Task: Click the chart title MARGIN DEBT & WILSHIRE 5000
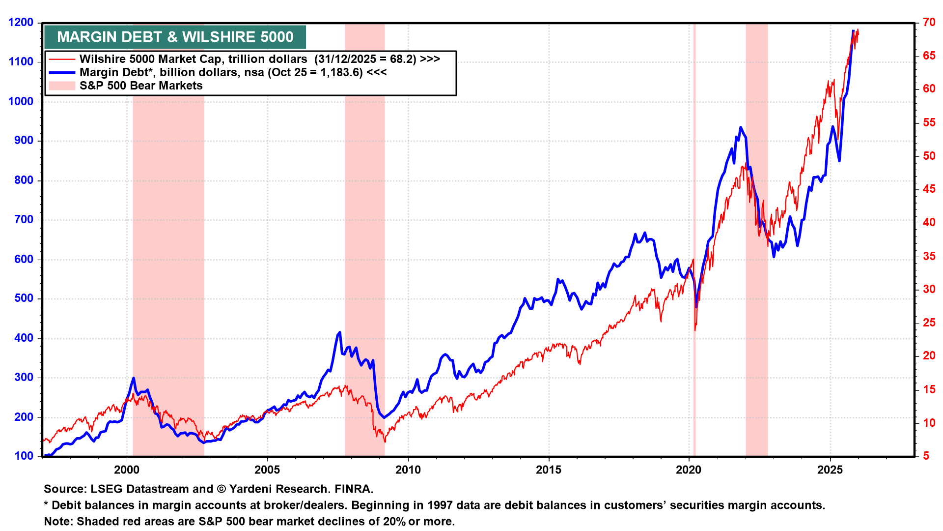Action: coord(175,37)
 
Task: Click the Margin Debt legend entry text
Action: coord(233,72)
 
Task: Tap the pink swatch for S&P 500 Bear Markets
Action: coord(62,86)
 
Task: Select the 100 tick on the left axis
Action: coord(24,456)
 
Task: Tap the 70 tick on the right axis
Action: coord(929,23)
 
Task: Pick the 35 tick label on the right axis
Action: coord(929,256)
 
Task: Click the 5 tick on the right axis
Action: coord(926,456)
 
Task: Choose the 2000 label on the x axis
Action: coord(127,470)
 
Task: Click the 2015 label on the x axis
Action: coord(548,470)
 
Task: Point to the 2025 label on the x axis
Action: coord(830,470)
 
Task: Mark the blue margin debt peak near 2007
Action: coord(339,333)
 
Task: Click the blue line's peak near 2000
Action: coord(134,378)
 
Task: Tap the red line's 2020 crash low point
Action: coord(695,330)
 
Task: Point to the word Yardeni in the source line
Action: coord(250,489)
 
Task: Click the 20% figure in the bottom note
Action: coord(394,522)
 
